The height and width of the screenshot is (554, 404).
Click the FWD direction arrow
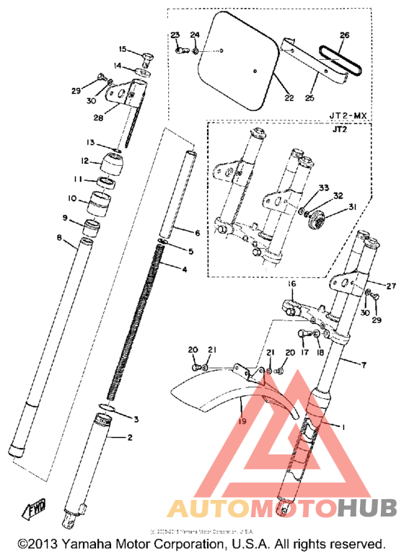(x=34, y=511)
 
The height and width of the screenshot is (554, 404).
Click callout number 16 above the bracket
(x=293, y=285)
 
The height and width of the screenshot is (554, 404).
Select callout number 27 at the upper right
(x=371, y=286)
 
